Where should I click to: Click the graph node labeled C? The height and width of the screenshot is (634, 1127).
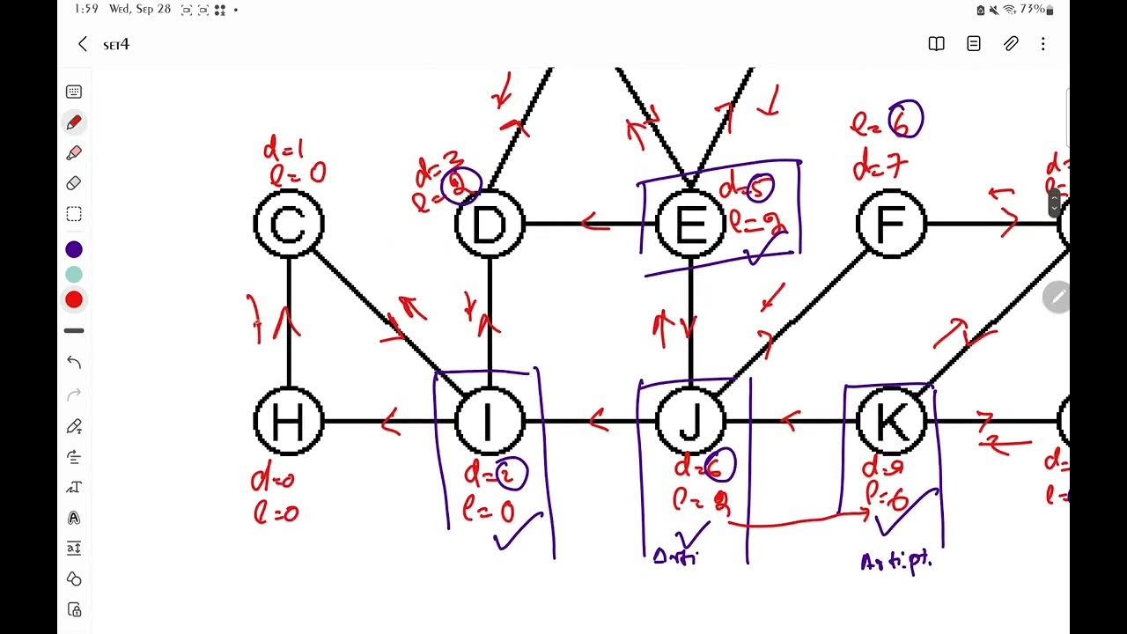(x=289, y=225)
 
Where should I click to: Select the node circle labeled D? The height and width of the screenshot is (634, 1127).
(x=490, y=225)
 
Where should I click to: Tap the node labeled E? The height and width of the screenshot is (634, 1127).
(x=690, y=225)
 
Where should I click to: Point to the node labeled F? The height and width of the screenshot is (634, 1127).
(x=891, y=225)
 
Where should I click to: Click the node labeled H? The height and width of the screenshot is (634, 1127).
(x=289, y=422)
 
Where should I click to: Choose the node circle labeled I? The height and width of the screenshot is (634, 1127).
(x=490, y=422)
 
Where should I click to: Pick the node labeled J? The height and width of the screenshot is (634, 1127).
(x=690, y=422)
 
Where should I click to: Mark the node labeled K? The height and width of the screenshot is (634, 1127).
(x=891, y=422)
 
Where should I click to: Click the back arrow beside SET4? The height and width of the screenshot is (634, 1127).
(x=83, y=44)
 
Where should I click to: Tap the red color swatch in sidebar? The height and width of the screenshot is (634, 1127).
(x=74, y=299)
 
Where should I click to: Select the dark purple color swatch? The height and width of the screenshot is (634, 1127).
(x=74, y=249)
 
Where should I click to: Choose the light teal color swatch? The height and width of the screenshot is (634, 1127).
(x=74, y=275)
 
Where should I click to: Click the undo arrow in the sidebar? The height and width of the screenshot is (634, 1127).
(x=74, y=362)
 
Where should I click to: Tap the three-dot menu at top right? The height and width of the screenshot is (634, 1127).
(x=1042, y=44)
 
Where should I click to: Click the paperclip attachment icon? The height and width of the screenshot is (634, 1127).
(x=1011, y=44)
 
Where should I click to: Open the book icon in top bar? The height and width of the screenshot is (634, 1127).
(x=936, y=44)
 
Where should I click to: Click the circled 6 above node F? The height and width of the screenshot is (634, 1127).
(x=905, y=121)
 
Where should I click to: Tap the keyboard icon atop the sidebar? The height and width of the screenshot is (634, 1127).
(x=74, y=92)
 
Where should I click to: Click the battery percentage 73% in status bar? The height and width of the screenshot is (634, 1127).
(x=1032, y=10)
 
